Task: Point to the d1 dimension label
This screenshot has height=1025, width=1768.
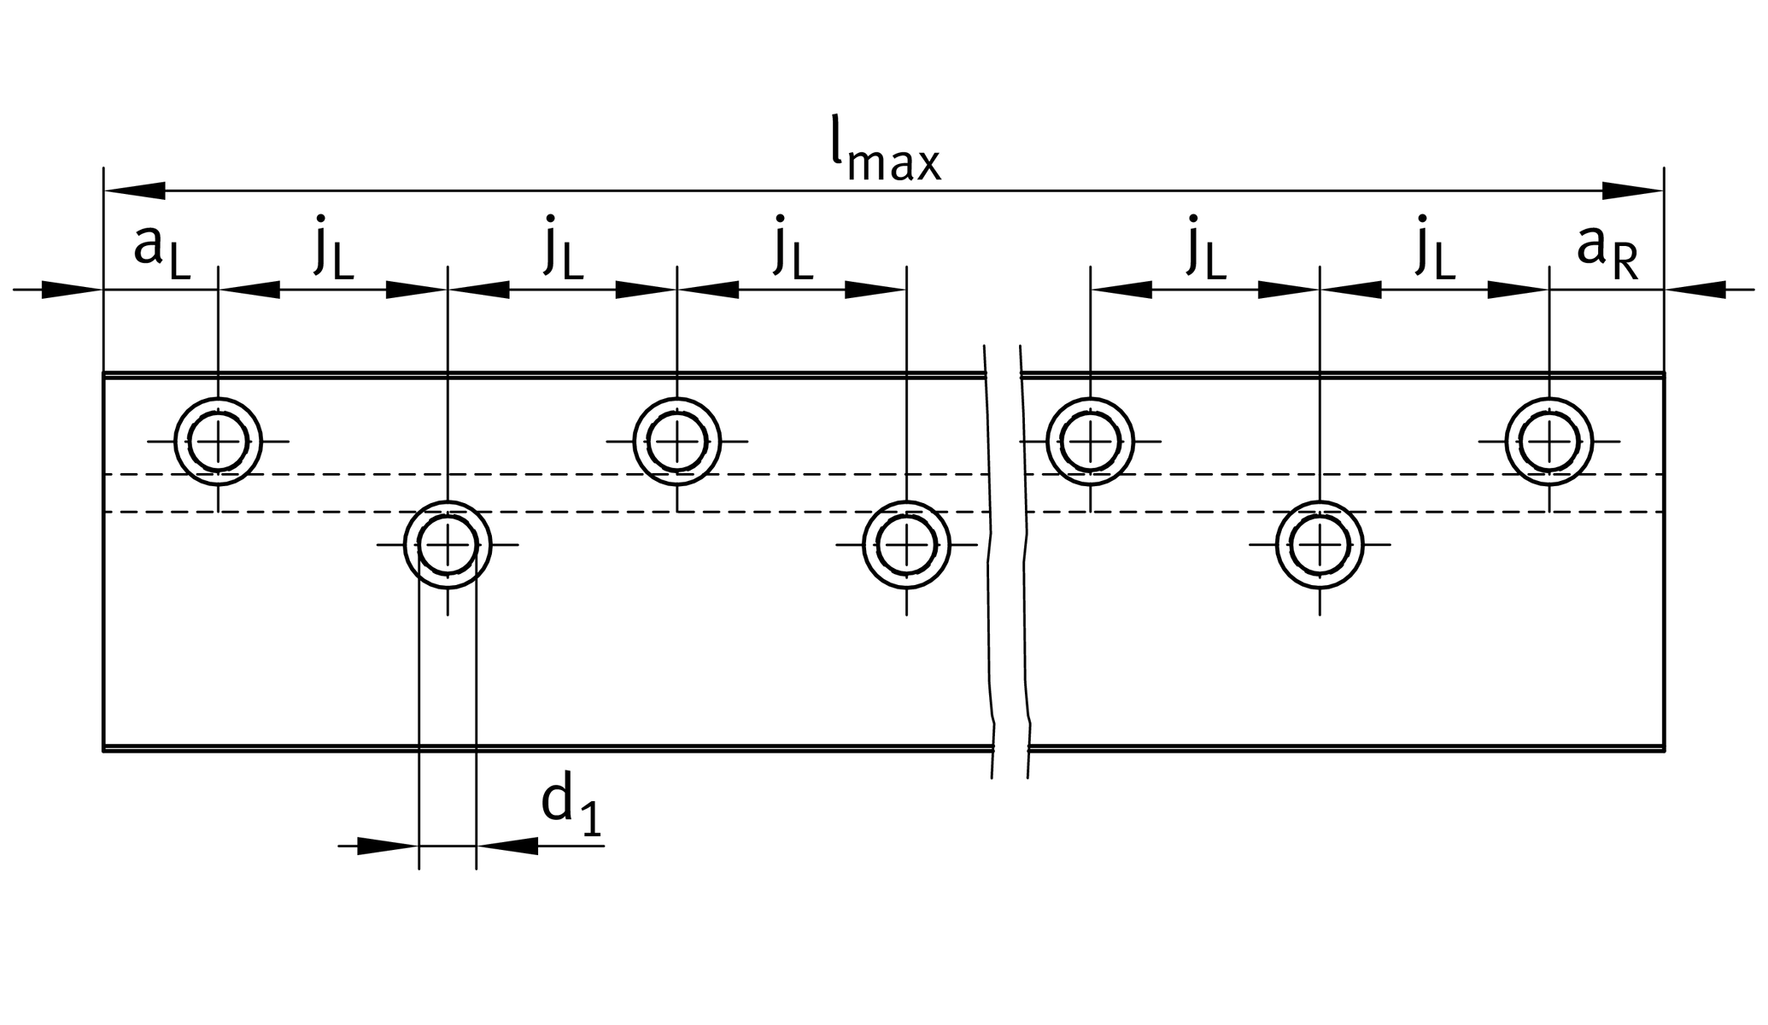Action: coord(571,806)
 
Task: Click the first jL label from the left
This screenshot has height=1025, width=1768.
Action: coord(333,249)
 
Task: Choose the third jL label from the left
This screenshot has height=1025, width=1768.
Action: coord(793,249)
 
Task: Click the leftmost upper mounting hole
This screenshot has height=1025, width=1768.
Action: coord(218,442)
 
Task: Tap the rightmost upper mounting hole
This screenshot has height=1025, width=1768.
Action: coord(1548,442)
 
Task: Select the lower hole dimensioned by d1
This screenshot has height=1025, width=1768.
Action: coord(448,545)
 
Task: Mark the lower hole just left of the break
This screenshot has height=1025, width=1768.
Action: coord(906,545)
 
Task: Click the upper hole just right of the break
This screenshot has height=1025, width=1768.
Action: coord(1090,442)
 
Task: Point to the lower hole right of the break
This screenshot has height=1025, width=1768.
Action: coord(1320,545)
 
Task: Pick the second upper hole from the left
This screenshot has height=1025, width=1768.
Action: coord(676,442)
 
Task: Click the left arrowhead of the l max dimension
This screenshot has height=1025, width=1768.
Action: coord(135,190)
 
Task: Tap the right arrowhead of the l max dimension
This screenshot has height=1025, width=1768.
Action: coord(1632,190)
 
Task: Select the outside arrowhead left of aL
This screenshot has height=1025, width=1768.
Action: coord(72,290)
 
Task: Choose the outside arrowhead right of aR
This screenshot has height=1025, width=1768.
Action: coord(1696,290)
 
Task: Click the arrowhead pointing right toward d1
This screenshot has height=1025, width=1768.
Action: coord(387,846)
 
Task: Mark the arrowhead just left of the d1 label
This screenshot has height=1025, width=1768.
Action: coord(508,846)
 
